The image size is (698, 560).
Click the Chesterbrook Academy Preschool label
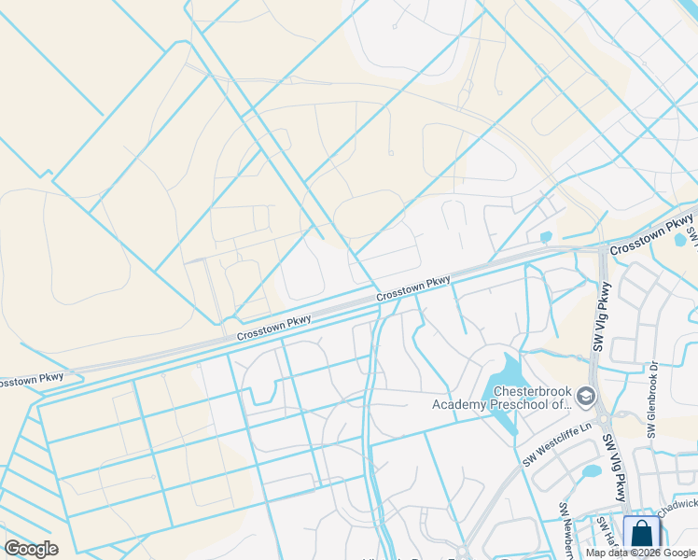(x=501, y=397)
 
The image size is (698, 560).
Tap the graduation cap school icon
(x=585, y=398)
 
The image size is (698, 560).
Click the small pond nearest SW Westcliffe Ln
(x=591, y=472)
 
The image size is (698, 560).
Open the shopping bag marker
(x=641, y=537)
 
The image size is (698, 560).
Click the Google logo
(x=31, y=549)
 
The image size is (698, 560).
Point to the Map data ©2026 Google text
(x=640, y=553)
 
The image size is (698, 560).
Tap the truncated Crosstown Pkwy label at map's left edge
(x=32, y=379)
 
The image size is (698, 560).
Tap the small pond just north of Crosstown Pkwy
(x=546, y=237)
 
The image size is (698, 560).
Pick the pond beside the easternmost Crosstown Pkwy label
(x=680, y=240)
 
